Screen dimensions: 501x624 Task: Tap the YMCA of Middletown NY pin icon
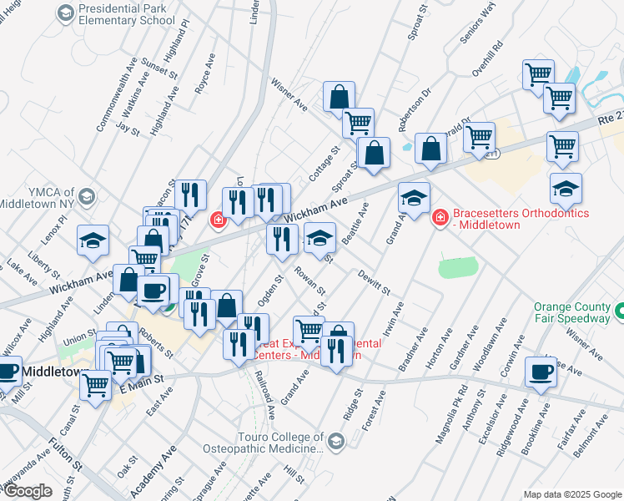point(87,197)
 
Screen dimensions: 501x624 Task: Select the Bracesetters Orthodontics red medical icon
point(440,218)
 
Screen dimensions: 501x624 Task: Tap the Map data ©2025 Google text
point(571,493)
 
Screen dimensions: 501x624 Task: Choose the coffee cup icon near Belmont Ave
point(541,371)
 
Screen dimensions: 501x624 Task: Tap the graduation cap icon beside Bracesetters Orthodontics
point(414,198)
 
